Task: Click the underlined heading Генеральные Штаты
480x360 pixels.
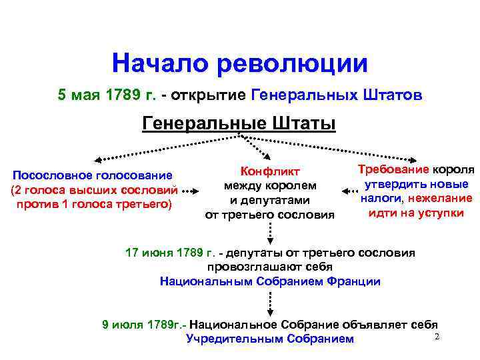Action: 239,124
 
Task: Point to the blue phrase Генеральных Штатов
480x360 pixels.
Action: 337,95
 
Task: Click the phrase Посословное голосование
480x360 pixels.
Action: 93,175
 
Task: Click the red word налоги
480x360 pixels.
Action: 381,198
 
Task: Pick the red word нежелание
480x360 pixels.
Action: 440,198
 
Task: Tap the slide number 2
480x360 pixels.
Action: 437,337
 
